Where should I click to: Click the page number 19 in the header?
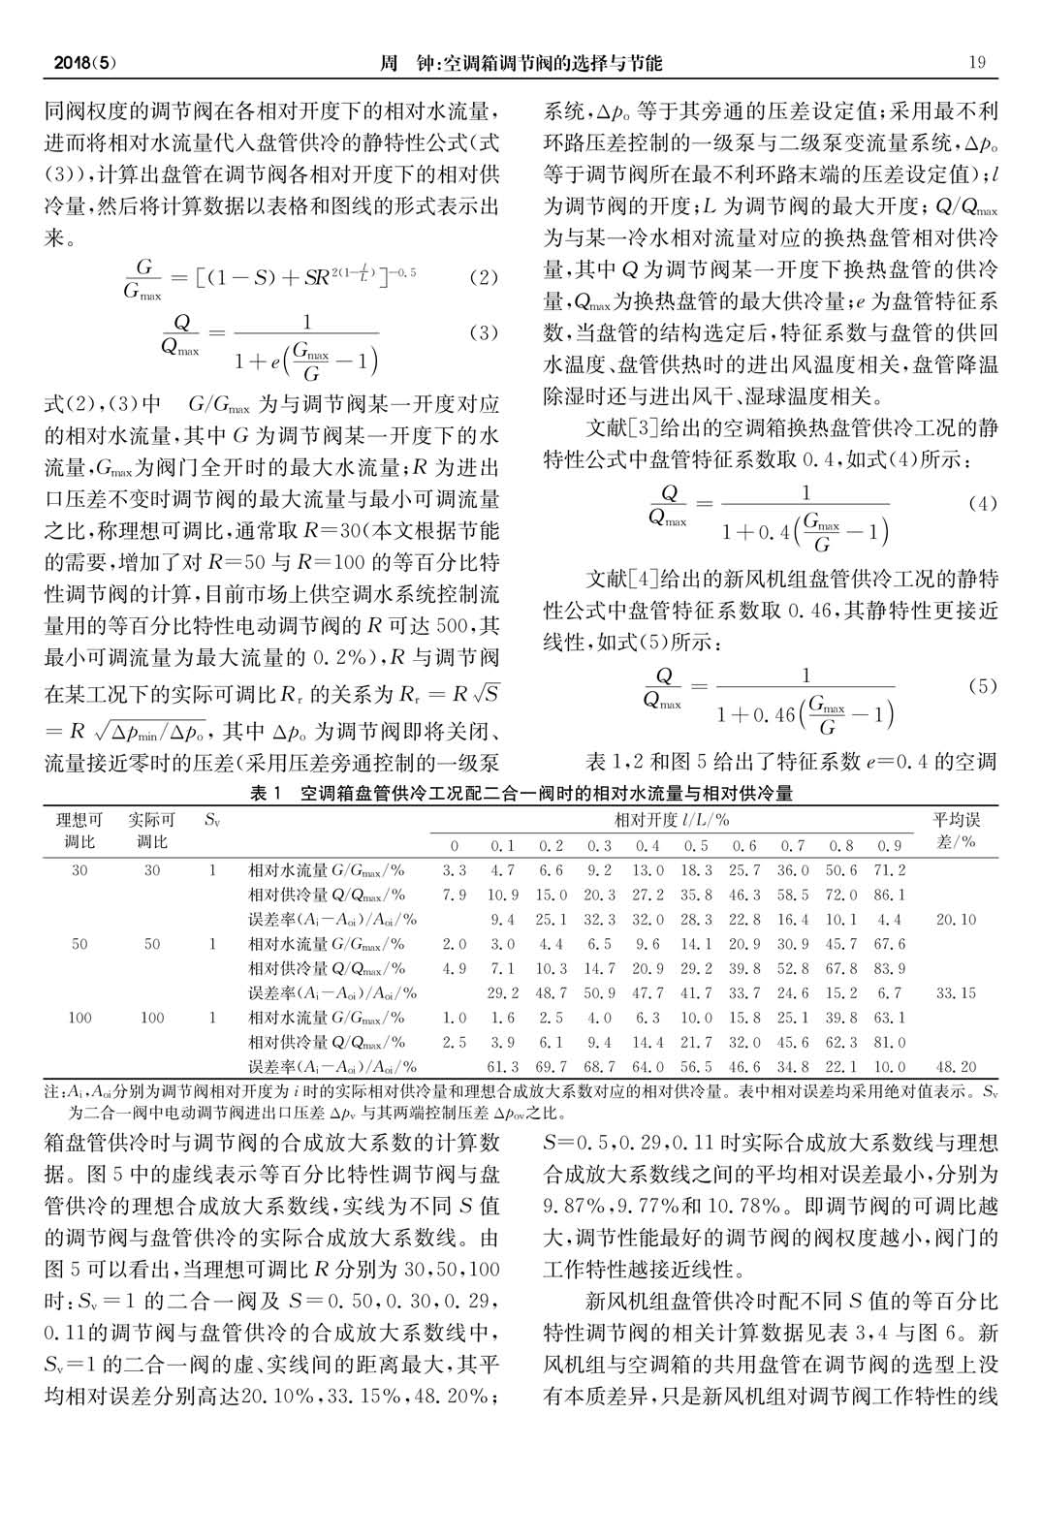tap(977, 63)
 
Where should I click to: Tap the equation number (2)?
tap(483, 277)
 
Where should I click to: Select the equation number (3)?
tap(483, 332)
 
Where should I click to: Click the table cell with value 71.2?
tap(889, 870)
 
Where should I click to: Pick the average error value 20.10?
tap(956, 919)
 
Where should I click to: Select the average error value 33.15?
tap(956, 992)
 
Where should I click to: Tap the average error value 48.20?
tap(956, 1066)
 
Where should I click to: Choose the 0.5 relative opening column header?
tap(696, 845)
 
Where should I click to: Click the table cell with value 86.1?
tap(889, 895)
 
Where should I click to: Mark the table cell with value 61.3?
tap(502, 1066)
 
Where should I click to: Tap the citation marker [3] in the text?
tap(645, 426)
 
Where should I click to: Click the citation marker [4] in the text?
tap(645, 580)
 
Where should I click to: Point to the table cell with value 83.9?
tap(889, 968)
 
